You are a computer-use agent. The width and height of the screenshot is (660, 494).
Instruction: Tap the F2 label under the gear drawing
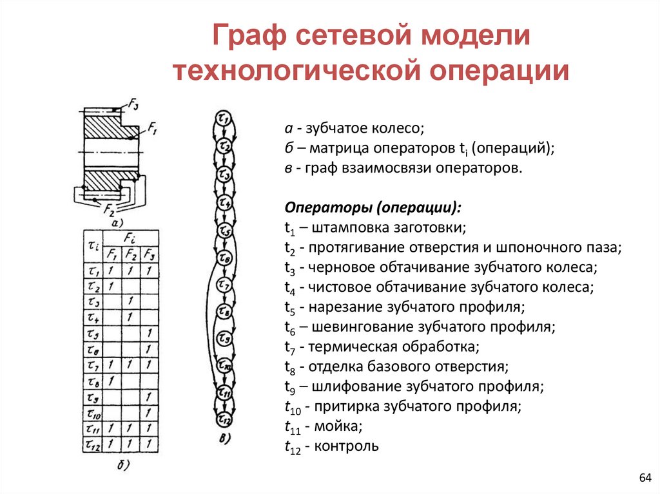click(x=110, y=211)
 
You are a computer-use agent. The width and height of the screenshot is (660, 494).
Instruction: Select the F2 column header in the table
click(x=130, y=253)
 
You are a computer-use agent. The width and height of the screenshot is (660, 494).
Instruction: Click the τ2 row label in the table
click(x=93, y=286)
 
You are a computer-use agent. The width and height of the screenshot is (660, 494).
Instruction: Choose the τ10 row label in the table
click(x=93, y=413)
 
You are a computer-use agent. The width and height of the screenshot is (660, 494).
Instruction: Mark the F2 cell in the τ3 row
click(x=130, y=301)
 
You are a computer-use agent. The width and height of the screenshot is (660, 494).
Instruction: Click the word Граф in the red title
click(x=248, y=36)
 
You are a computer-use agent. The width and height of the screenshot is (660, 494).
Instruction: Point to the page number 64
click(x=645, y=477)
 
